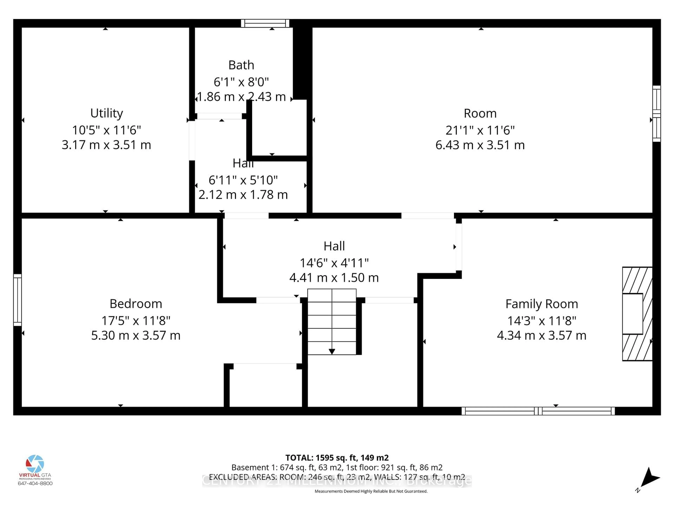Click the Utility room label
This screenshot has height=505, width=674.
(x=107, y=113)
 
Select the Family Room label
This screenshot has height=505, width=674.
(x=541, y=304)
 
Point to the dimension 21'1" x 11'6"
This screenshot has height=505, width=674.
(x=480, y=130)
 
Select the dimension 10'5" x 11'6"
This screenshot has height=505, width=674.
(x=106, y=130)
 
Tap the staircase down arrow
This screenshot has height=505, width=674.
(x=332, y=351)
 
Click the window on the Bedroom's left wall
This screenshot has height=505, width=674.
(x=17, y=300)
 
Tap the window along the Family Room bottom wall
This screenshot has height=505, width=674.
(x=538, y=411)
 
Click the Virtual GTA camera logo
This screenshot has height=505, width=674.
(x=35, y=464)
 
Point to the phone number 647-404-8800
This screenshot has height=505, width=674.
(x=35, y=483)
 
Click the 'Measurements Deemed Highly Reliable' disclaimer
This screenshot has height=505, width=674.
(x=371, y=491)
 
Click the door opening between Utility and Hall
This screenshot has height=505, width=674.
(x=192, y=140)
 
